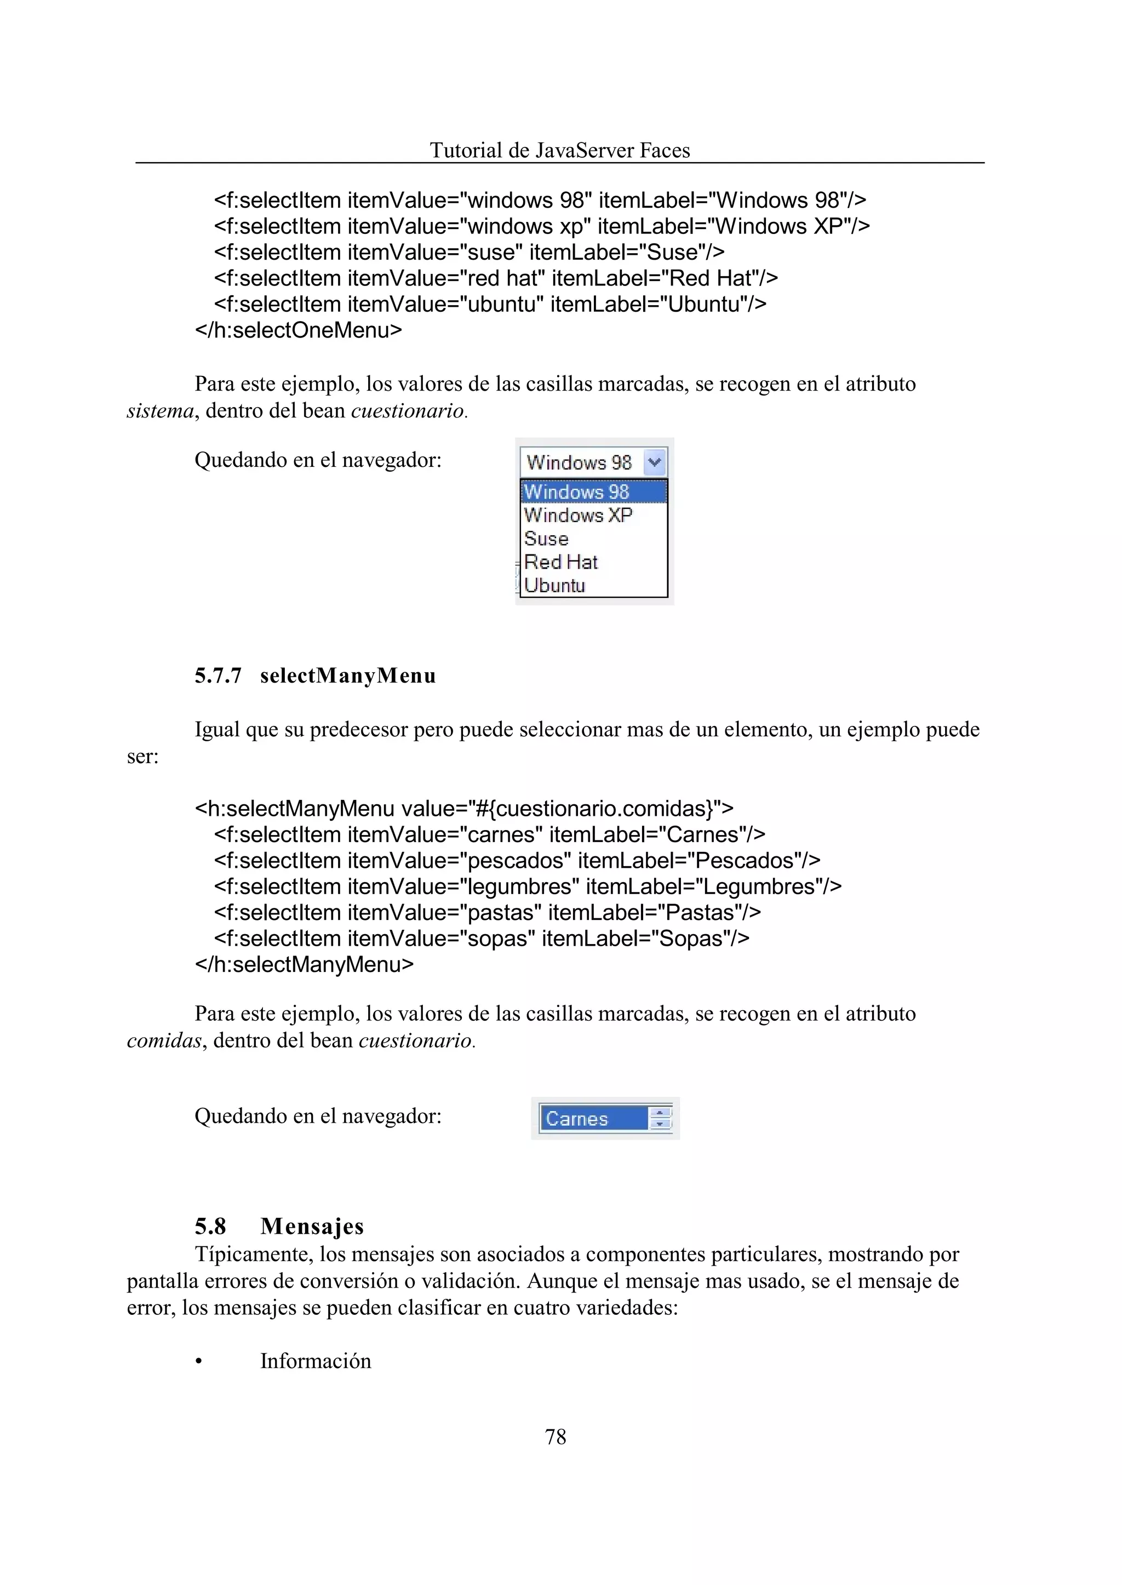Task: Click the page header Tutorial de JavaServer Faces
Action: (559, 150)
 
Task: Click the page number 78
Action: (556, 1437)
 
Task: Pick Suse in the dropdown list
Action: (547, 539)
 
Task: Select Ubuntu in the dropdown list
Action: (555, 586)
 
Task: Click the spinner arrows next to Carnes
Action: (661, 1118)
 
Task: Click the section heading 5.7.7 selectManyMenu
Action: (315, 676)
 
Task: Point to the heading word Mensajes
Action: (312, 1226)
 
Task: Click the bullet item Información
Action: (316, 1360)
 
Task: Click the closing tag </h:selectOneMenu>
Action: (299, 330)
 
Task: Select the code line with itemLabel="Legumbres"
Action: (528, 886)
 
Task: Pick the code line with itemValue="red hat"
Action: (496, 278)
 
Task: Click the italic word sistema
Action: (159, 411)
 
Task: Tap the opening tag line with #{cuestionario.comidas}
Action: (464, 809)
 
